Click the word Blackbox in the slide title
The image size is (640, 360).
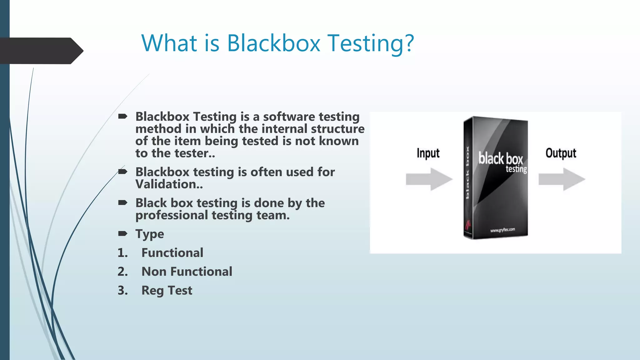click(x=273, y=43)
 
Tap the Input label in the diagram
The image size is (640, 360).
click(x=428, y=153)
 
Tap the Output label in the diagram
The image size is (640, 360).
click(x=561, y=153)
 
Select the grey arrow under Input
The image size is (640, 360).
click(x=429, y=179)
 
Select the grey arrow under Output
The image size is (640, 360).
click(x=562, y=179)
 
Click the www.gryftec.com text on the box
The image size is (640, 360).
click(x=502, y=230)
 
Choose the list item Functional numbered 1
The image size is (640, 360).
click(x=172, y=253)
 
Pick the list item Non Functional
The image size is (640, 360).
click(x=187, y=272)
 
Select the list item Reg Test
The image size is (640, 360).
click(x=167, y=291)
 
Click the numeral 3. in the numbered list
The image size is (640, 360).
click(x=122, y=291)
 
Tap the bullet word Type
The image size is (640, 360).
click(x=149, y=234)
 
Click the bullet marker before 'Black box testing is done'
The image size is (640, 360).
click(x=122, y=203)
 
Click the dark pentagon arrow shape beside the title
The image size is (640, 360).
click(x=41, y=51)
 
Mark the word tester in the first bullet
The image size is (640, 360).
click(x=191, y=153)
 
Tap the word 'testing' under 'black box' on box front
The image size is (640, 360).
click(x=516, y=169)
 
